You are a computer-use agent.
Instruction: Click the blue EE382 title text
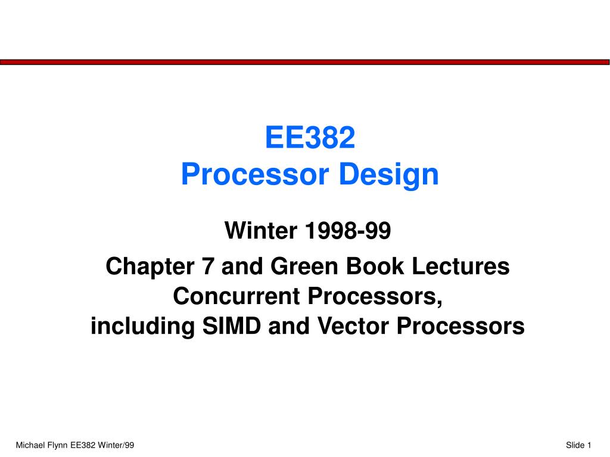point(310,137)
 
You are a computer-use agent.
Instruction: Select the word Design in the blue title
point(388,176)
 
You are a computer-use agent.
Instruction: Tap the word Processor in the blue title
point(255,174)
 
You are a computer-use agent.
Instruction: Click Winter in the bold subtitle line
point(261,230)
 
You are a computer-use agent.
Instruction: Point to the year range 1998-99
point(348,230)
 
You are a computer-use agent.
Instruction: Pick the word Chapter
point(150,267)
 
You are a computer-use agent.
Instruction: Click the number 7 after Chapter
point(208,267)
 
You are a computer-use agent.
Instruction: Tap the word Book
point(375,266)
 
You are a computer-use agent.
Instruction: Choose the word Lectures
point(460,266)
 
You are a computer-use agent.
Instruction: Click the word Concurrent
point(236,296)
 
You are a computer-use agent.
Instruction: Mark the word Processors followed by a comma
point(375,297)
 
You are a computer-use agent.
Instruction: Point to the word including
point(142,327)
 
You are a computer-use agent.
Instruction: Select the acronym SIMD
point(232,325)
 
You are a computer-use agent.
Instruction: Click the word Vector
point(353,325)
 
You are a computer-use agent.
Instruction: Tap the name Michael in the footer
point(30,445)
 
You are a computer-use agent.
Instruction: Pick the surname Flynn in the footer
point(58,445)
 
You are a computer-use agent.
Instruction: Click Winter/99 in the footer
point(116,445)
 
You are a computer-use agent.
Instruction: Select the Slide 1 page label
point(578,445)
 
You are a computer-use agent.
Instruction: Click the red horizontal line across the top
point(304,62)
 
